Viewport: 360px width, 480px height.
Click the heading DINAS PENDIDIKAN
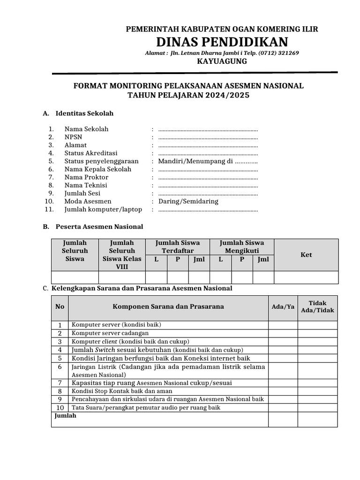222,41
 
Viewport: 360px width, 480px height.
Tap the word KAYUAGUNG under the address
222,61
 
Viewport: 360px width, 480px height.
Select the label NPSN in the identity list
73,137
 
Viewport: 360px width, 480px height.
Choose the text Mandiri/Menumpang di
195,161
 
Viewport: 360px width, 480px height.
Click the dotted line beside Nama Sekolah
208,129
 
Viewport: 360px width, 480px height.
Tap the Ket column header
306,255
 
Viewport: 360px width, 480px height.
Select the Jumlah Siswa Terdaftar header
178,247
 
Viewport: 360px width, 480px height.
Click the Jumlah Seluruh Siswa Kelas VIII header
121,255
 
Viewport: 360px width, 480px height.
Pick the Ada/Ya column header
283,307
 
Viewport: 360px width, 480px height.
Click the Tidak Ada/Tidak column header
317,307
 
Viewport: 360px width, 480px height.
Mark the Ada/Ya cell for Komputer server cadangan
283,333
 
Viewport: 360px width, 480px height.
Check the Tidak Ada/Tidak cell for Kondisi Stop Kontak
317,391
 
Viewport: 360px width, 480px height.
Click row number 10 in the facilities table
60,408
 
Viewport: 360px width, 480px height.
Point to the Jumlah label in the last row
66,416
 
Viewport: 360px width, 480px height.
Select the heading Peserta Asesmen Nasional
99,226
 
